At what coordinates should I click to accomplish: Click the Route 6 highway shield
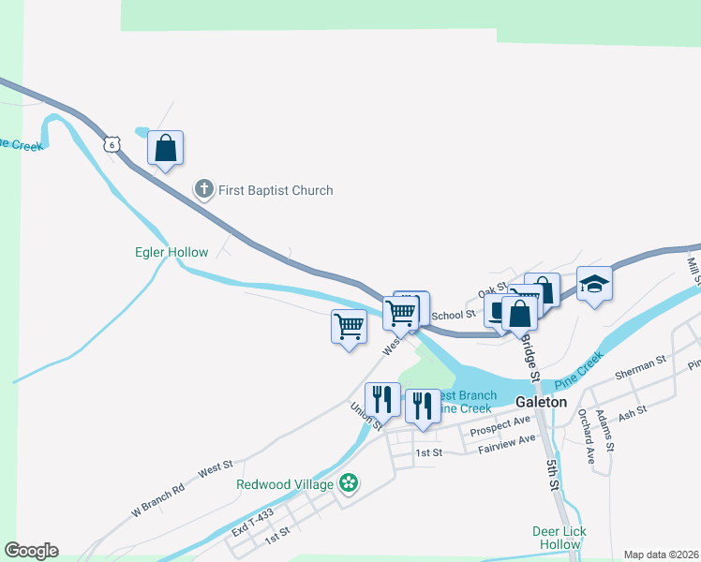[x=112, y=144]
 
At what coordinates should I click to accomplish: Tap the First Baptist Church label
[x=276, y=190]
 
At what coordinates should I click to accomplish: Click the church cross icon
[x=203, y=190]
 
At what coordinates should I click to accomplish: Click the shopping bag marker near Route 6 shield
[x=165, y=149]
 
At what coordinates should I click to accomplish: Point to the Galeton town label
[x=542, y=402]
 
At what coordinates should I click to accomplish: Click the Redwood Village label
[x=285, y=484]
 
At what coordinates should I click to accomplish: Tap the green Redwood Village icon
[x=349, y=483]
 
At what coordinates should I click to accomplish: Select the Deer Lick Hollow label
[x=559, y=538]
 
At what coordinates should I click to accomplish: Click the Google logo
[x=31, y=551]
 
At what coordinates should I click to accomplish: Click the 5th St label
[x=553, y=474]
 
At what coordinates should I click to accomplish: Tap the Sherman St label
[x=640, y=365]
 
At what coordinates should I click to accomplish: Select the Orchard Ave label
[x=587, y=436]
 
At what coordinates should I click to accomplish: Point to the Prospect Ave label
[x=501, y=425]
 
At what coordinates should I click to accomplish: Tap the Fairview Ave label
[x=506, y=444]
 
